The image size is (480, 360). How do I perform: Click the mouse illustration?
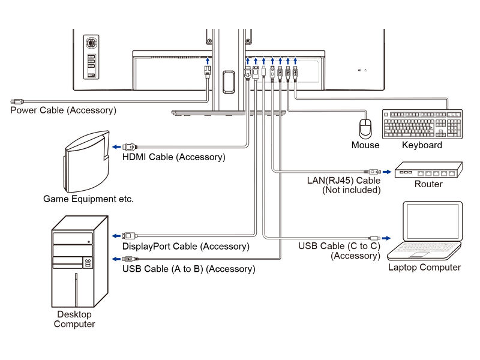click(365, 128)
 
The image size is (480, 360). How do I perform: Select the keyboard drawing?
click(422, 124)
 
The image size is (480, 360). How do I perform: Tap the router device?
click(428, 170)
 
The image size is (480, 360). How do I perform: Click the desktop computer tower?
click(80, 262)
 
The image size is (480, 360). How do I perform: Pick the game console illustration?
click(86, 161)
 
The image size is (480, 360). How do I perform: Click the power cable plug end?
click(17, 101)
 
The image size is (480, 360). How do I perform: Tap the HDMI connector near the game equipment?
click(130, 147)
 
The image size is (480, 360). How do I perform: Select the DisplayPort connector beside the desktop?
click(130, 236)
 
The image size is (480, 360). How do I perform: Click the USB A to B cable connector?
click(130, 259)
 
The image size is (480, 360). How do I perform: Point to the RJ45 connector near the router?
click(373, 172)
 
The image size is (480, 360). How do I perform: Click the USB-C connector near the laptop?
click(374, 238)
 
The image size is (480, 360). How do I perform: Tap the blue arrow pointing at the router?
click(387, 172)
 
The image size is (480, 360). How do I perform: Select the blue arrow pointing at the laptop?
click(386, 238)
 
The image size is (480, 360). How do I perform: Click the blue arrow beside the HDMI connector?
click(116, 147)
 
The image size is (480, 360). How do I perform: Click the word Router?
click(428, 184)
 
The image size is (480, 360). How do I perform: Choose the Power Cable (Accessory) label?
click(64, 110)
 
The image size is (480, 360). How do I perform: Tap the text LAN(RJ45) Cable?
click(344, 181)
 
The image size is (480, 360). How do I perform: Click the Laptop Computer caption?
click(424, 267)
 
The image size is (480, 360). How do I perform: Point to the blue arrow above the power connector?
click(208, 61)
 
